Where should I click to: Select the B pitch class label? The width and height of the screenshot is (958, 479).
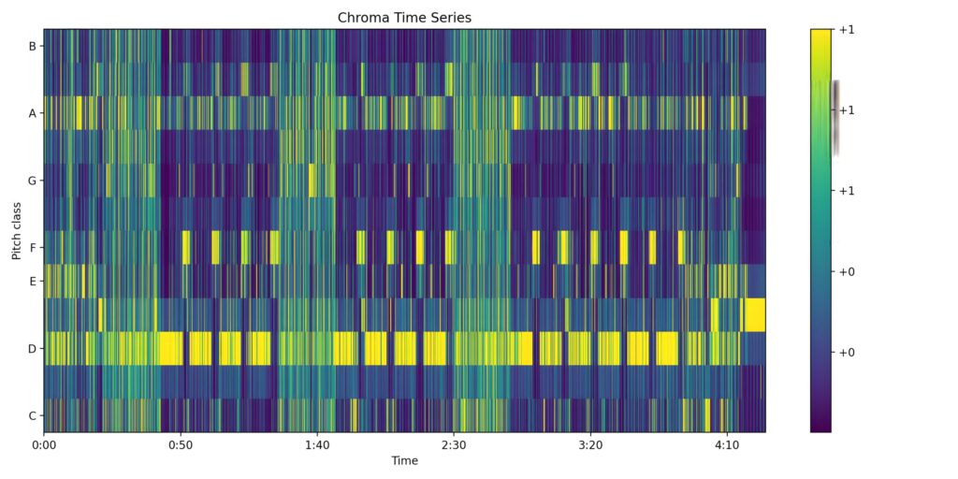[33, 46]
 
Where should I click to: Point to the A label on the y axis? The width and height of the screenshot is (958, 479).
[33, 113]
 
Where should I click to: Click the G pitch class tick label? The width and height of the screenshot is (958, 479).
[33, 181]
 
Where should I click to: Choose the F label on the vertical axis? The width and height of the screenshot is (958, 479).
[33, 248]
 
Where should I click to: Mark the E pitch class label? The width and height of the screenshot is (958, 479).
[33, 281]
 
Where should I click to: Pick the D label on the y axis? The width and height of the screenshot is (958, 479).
[33, 349]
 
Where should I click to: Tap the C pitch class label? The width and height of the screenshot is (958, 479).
[33, 415]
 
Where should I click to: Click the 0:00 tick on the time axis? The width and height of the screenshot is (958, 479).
[44, 445]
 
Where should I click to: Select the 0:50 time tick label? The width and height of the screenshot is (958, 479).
[181, 445]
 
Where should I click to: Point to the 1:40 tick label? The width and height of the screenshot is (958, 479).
[317, 445]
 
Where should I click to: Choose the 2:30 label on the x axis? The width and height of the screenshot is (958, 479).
[454, 445]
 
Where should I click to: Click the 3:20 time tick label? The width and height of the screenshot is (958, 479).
[590, 445]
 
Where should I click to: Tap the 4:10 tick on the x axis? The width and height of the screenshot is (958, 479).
[727, 445]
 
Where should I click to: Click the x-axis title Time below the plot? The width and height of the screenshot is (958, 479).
[404, 461]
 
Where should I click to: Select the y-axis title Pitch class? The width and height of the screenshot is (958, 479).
[16, 230]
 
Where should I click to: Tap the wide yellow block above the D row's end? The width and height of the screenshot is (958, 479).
[753, 314]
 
